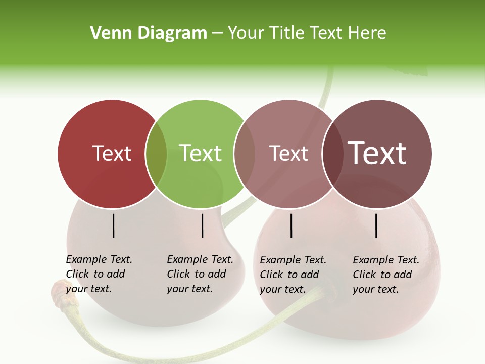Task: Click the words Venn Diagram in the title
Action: [149, 33]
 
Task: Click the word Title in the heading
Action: [286, 33]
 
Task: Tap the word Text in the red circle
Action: [112, 154]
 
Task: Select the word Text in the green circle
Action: [200, 154]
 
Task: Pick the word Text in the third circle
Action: [288, 154]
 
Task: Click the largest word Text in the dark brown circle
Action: [377, 154]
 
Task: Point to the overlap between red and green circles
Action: [156, 154]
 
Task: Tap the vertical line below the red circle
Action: [114, 225]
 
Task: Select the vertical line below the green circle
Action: [202, 225]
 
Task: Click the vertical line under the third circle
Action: [292, 225]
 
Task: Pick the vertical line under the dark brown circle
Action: [376, 225]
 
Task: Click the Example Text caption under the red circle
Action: [99, 274]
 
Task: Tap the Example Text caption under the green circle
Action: [200, 274]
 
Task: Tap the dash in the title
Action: [217, 34]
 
